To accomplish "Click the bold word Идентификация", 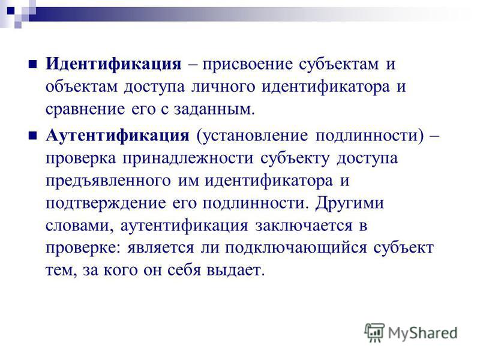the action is [113, 64].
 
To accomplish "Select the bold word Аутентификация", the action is [118, 136].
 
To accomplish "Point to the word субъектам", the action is [339, 65].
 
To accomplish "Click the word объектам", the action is [82, 87].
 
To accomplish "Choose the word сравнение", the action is [85, 110].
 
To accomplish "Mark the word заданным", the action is [214, 110].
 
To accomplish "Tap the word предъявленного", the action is [108, 181].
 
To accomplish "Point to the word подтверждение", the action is [106, 203].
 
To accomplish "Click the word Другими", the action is [350, 203].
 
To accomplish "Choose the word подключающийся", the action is [296, 248].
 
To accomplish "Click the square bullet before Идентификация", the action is [32, 64].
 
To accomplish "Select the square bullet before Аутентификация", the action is [32, 136].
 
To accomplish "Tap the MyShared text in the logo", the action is [423, 334].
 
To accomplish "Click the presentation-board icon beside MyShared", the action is [374, 332].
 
